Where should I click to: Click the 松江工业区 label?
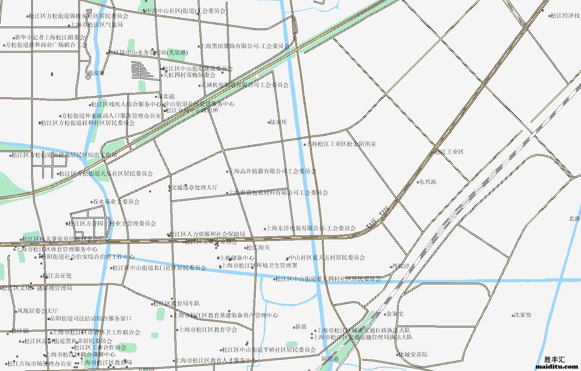tap(449, 152)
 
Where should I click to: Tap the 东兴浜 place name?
tap(428, 182)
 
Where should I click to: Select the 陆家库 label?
tap(278, 122)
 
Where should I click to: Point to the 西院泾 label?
tap(401, 266)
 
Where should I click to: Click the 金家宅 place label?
tap(395, 314)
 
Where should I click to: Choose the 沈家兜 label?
tap(522, 315)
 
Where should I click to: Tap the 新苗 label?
tap(301, 327)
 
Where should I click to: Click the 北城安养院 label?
tap(413, 354)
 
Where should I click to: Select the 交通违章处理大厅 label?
tap(194, 187)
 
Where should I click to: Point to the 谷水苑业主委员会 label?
tap(116, 202)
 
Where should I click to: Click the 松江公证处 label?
tap(58, 276)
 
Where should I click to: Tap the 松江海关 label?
tap(258, 247)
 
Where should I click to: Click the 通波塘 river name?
tap(96, 73)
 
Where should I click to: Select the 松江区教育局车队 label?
tap(177, 303)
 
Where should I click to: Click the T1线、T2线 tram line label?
tap(377, 217)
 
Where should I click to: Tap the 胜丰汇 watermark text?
tap(555, 360)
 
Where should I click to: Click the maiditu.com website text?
tap(556, 367)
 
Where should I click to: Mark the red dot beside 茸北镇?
tap(156, 96)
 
